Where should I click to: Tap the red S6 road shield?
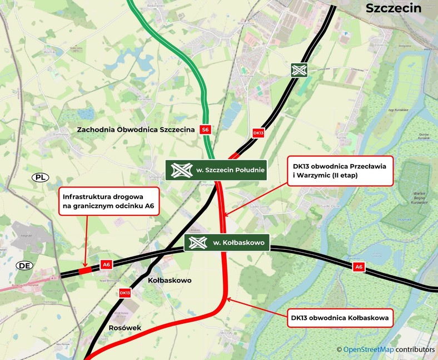pyautogui.click(x=206, y=130)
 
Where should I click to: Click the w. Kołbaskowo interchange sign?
pyautogui.click(x=227, y=243)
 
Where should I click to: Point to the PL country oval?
pyautogui.click(x=40, y=177)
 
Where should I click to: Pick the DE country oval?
pyautogui.click(x=24, y=265)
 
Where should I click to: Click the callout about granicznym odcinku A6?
pyautogui.click(x=111, y=201)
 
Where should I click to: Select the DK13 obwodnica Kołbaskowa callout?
pyautogui.click(x=339, y=319)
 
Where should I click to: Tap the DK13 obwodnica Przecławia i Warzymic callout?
pyautogui.click(x=339, y=171)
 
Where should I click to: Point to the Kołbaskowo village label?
pyautogui.click(x=170, y=280)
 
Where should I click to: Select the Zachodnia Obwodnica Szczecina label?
pyautogui.click(x=137, y=130)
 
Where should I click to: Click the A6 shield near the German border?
pyautogui.click(x=106, y=265)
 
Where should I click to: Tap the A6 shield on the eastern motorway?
pyautogui.click(x=359, y=268)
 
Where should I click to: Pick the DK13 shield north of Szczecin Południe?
pyautogui.click(x=258, y=133)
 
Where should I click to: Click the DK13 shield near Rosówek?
pyautogui.click(x=125, y=292)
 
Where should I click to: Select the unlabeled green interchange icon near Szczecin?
pyautogui.click(x=299, y=70)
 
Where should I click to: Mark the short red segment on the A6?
pyautogui.click(x=85, y=270)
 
